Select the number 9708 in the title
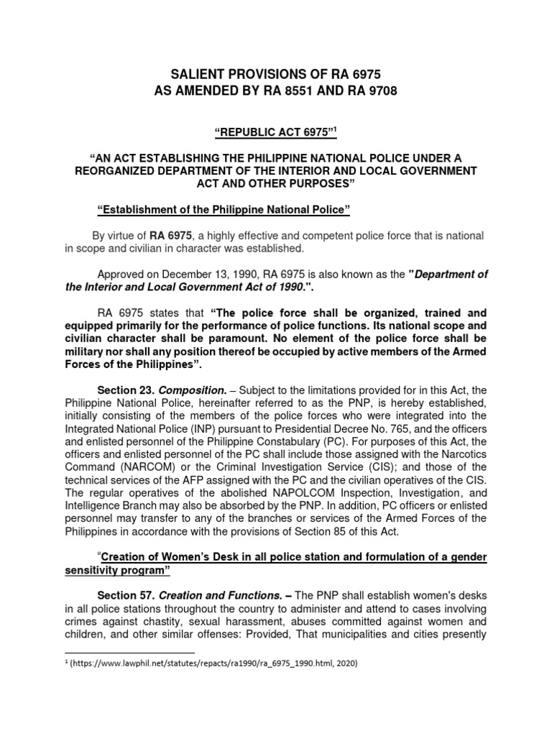[377, 91]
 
